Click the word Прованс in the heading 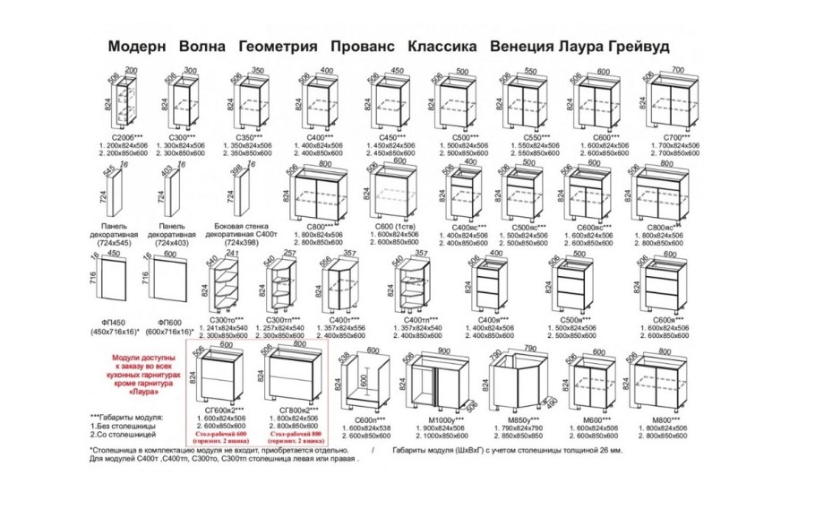[x=362, y=46]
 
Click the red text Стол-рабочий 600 [x=220, y=432]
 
